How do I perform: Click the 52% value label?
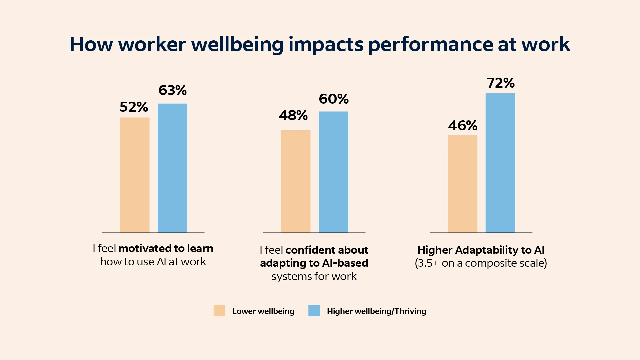(x=134, y=107)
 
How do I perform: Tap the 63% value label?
(x=172, y=90)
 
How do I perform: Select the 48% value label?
(x=293, y=115)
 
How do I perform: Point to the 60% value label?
(x=333, y=99)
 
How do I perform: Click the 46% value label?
(x=462, y=126)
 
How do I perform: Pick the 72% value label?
(x=500, y=83)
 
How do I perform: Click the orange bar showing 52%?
(x=135, y=175)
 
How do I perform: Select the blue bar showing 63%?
(x=172, y=168)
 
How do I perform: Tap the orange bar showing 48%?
(x=296, y=181)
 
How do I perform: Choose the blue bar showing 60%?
(x=333, y=172)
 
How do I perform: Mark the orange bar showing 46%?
(x=462, y=184)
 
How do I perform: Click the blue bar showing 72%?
(x=500, y=163)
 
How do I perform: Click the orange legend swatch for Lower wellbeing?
(x=219, y=310)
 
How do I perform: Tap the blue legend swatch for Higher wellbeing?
(x=314, y=310)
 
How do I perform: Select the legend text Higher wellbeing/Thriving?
(x=376, y=311)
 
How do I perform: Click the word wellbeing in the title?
(x=237, y=44)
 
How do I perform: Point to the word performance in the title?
(x=430, y=44)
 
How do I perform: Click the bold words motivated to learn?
(x=166, y=248)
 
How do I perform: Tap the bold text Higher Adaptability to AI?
(x=481, y=250)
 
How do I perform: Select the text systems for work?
(x=314, y=276)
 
